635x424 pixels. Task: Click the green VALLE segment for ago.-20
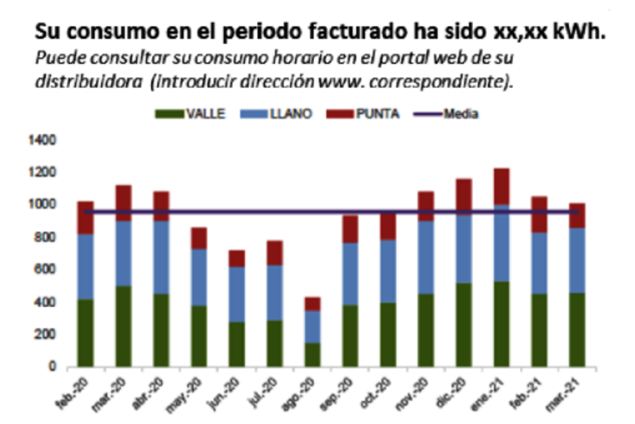click(312, 354)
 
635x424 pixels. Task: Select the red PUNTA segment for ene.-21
click(501, 186)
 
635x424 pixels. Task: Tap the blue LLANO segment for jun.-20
click(236, 294)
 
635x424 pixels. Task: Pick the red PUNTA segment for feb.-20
click(86, 218)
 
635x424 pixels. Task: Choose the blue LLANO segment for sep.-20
click(350, 274)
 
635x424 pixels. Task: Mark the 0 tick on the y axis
click(53, 367)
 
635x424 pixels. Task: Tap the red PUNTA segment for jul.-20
click(274, 253)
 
